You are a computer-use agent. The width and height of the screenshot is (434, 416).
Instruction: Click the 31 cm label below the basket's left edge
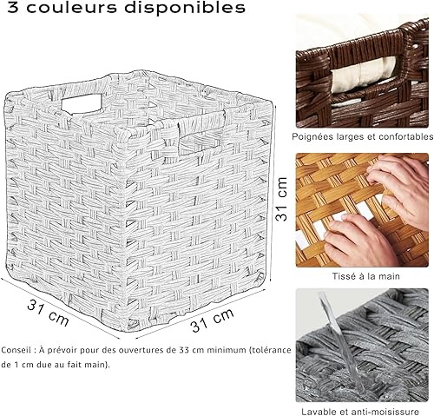[x=48, y=311]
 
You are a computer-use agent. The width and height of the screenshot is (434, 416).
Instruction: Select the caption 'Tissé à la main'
[x=364, y=275]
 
